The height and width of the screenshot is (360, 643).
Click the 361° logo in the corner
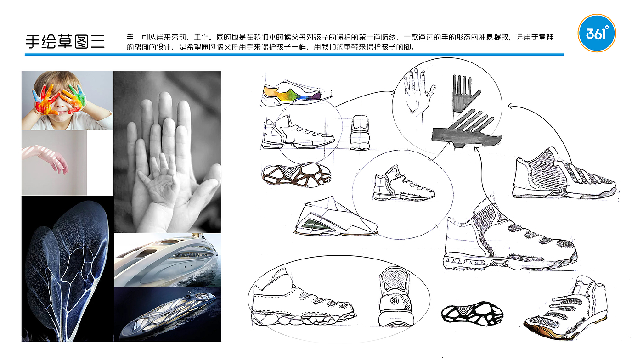click(x=597, y=33)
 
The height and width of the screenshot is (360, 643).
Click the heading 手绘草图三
click(x=65, y=42)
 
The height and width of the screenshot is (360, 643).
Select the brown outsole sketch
click(x=296, y=174)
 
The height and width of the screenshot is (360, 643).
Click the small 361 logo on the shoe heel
click(x=395, y=301)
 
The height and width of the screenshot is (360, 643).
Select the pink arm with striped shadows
click(x=45, y=157)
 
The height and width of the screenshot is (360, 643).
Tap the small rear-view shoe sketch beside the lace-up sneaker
click(x=359, y=132)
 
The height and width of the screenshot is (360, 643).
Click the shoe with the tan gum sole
click(x=566, y=308)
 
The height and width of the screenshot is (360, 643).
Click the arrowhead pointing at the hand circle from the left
click(x=393, y=92)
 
